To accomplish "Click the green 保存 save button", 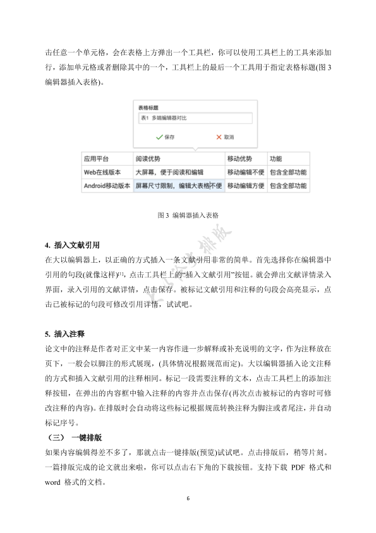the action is [x=165, y=137].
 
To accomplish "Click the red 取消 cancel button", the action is [x=224, y=137].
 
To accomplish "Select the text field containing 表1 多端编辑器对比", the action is [x=195, y=118].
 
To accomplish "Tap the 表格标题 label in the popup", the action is [x=149, y=108].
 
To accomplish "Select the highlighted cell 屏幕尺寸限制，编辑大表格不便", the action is [x=179, y=186].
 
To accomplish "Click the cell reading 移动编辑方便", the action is [x=245, y=186].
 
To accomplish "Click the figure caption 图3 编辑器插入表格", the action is [x=188, y=215].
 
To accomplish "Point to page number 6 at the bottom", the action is [x=188, y=498].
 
